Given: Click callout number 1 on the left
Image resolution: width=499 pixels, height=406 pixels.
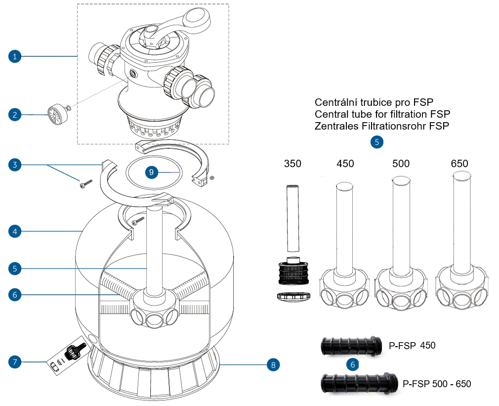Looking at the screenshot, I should [15, 56].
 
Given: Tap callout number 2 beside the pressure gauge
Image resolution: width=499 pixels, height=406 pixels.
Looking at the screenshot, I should [15, 115].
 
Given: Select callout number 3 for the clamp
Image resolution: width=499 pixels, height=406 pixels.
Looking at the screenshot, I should [15, 164].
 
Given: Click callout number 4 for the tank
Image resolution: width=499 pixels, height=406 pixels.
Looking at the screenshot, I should [15, 230].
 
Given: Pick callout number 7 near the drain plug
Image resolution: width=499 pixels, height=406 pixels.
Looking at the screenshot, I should [15, 362].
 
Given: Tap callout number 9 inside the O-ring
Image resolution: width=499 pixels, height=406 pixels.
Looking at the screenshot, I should [152, 172].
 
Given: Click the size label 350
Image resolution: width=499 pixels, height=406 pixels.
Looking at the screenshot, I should [292, 164].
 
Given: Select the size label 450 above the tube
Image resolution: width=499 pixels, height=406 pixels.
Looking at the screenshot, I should [345, 164].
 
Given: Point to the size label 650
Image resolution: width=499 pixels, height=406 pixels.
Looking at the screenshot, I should [459, 164].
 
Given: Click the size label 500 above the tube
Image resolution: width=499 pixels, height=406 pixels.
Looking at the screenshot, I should [400, 164].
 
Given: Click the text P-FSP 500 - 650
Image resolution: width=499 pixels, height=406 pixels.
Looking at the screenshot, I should [437, 384].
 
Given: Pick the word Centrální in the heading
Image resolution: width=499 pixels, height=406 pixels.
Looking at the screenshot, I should [335, 102].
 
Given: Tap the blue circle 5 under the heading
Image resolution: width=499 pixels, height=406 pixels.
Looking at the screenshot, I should [376, 142].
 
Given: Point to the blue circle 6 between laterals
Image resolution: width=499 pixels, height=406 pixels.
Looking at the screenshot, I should [352, 364].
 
